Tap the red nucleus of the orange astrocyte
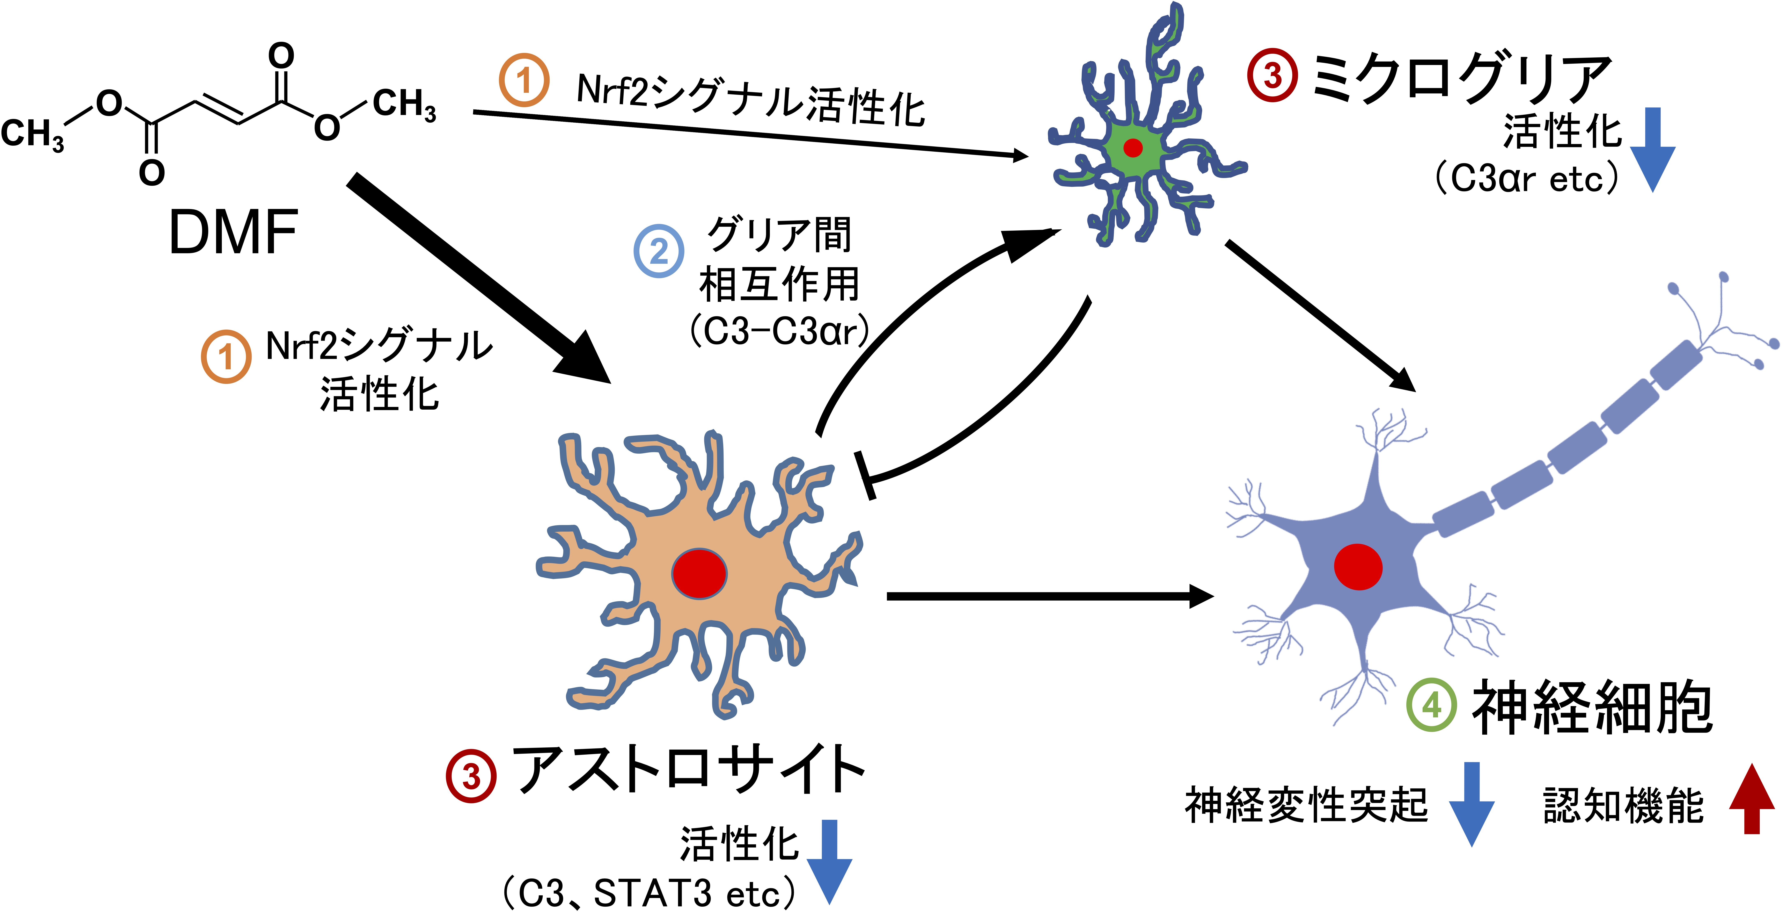(699, 573)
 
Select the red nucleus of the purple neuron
(1358, 566)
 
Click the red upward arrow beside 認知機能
(1752, 798)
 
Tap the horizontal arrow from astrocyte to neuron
(1050, 596)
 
